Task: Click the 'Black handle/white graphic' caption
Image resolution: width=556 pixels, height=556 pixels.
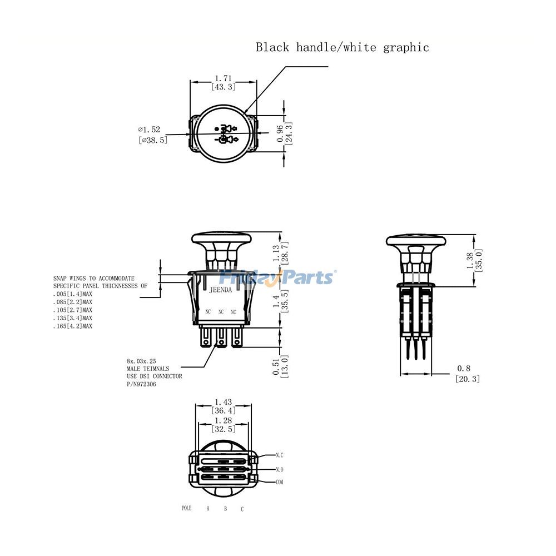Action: pyautogui.click(x=342, y=47)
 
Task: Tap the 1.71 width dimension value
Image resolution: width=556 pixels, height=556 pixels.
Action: pyautogui.click(x=223, y=78)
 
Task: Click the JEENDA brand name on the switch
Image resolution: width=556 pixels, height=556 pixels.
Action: pyautogui.click(x=221, y=290)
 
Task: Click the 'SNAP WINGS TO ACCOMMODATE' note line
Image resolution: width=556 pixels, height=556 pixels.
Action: pyautogui.click(x=93, y=278)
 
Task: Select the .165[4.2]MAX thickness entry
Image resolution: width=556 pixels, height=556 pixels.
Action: pyautogui.click(x=72, y=326)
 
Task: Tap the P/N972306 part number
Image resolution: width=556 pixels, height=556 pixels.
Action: pyautogui.click(x=141, y=384)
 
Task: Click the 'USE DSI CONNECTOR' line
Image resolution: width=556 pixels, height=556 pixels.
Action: pyautogui.click(x=154, y=376)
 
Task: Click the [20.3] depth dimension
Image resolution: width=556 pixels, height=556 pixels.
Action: pyautogui.click(x=467, y=379)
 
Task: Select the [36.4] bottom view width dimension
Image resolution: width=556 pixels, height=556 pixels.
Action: pyautogui.click(x=224, y=410)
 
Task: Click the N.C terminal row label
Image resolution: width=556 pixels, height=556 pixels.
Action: pyautogui.click(x=280, y=455)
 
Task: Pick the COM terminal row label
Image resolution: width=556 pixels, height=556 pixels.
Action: pyautogui.click(x=280, y=482)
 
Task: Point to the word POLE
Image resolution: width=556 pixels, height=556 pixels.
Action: pyautogui.click(x=186, y=508)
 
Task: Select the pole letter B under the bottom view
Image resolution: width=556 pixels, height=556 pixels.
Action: pyautogui.click(x=225, y=509)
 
